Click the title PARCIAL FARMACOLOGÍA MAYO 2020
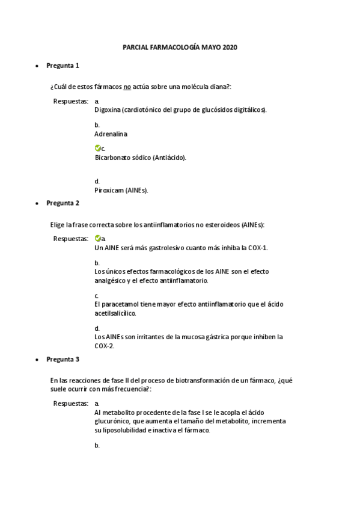pos(180,46)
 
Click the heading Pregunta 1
pos(63,65)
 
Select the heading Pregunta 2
pos(63,203)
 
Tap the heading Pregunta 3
pos(63,359)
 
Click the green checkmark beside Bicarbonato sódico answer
pos(98,148)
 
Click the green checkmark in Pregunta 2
pos(98,238)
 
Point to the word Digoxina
pos(108,110)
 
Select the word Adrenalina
pos(111,134)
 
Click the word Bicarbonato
pos(112,158)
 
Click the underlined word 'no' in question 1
pos(127,87)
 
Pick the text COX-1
pos(258,247)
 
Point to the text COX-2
pos(105,346)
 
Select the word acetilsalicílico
pos(115,313)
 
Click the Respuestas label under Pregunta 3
pos(71,403)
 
